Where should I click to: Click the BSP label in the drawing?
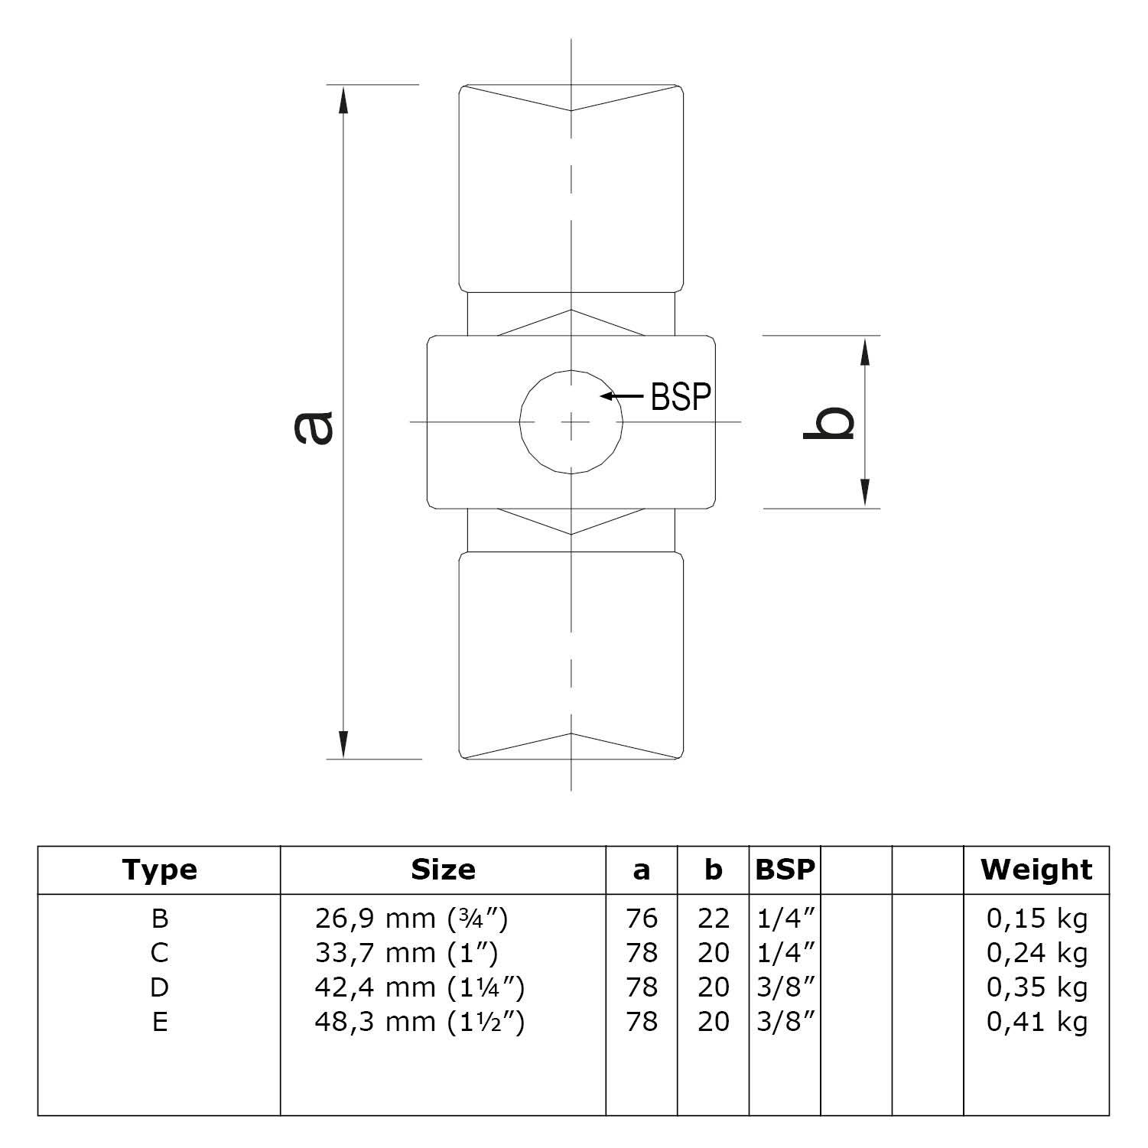(x=681, y=396)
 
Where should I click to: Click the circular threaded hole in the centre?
(x=571, y=421)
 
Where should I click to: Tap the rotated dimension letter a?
(x=314, y=428)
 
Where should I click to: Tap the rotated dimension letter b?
(x=829, y=423)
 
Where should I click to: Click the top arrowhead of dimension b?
(x=865, y=351)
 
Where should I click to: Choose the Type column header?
(x=159, y=870)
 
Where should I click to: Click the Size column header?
(x=443, y=870)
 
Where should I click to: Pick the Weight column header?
(x=1036, y=870)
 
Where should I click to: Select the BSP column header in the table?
(x=785, y=870)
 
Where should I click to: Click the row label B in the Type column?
(x=160, y=918)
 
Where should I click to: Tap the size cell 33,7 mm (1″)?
(x=406, y=953)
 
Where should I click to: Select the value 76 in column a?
(x=641, y=918)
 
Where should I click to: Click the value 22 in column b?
(x=713, y=918)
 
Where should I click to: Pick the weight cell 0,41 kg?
(x=1036, y=1022)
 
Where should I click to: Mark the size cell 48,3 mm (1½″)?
(x=419, y=1022)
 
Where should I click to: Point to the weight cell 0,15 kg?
(x=1036, y=918)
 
